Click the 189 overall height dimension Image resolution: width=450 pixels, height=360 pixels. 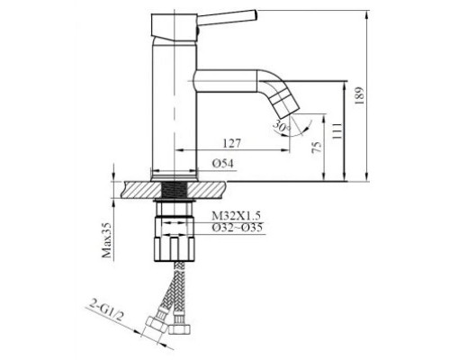(359, 95)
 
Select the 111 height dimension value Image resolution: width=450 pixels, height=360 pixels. (337, 130)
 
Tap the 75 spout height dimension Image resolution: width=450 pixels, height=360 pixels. (317, 147)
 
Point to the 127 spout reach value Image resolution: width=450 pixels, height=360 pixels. (232, 143)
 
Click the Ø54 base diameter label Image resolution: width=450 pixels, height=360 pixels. (223, 164)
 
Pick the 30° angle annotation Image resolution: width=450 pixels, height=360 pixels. (281, 125)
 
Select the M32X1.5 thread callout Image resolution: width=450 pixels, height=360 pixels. (236, 215)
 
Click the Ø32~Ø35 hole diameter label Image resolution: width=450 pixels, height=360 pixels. (238, 228)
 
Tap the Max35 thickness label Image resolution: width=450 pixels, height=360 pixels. (106, 240)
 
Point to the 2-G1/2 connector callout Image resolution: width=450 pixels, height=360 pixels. (106, 311)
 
